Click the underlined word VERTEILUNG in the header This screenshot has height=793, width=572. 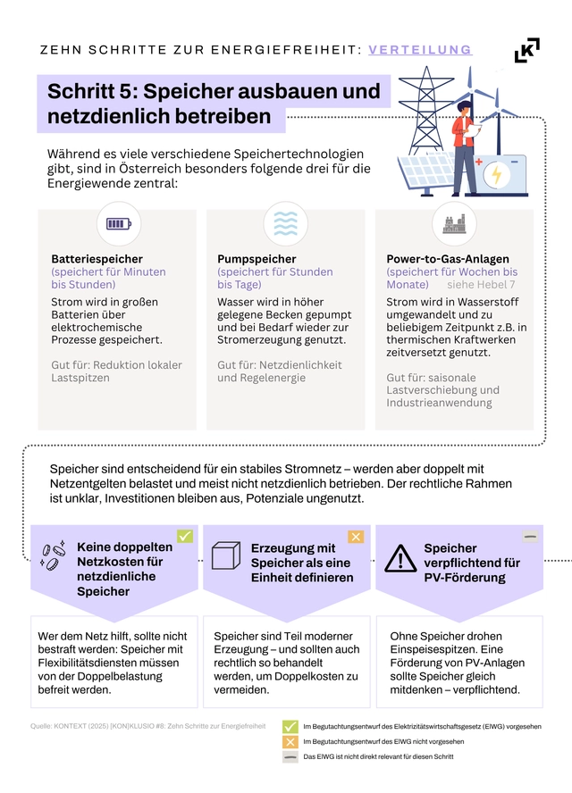(420, 50)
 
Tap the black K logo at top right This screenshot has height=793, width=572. (527, 50)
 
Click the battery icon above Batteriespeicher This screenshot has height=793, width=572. (118, 223)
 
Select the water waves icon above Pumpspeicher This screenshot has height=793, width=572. (286, 223)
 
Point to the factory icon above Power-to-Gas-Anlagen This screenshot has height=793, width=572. (454, 223)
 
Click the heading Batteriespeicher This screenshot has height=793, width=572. (97, 259)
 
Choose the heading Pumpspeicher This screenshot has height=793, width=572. (257, 259)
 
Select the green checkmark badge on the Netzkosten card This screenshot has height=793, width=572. (185, 537)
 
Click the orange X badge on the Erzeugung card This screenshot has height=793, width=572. (356, 537)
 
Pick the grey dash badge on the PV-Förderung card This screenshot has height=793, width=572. (531, 537)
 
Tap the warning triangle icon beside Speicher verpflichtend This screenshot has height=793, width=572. (400, 559)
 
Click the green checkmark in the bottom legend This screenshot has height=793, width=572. (290, 727)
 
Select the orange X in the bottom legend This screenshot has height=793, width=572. (290, 741)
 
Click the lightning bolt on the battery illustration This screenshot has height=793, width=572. (497, 174)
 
